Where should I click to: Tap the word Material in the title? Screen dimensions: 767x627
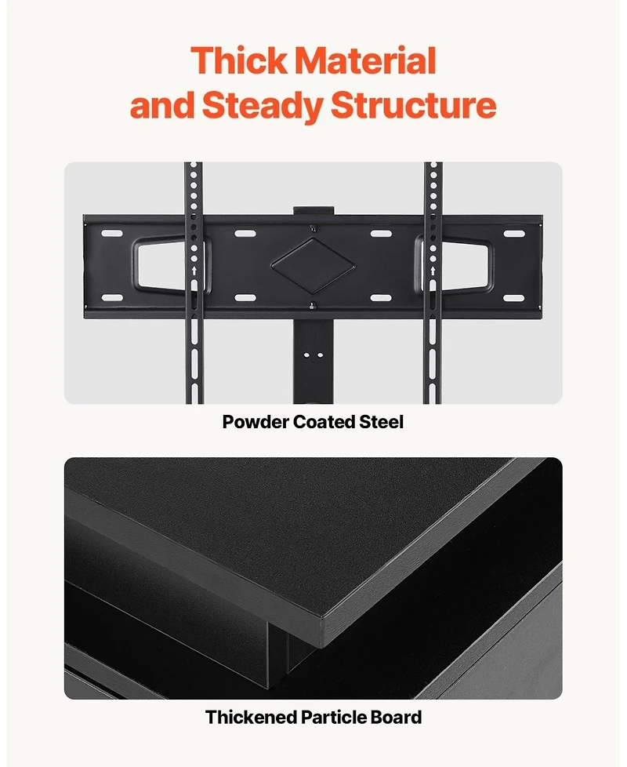click(367, 61)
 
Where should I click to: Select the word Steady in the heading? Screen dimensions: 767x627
click(263, 105)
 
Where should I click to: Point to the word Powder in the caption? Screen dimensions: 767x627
click(255, 422)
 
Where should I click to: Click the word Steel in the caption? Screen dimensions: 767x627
click(382, 422)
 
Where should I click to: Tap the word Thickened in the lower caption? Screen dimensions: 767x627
click(248, 717)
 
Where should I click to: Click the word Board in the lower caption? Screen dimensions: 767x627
click(398, 717)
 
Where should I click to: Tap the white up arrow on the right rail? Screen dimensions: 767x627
click(433, 271)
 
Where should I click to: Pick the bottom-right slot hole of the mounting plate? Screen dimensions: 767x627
click(513, 298)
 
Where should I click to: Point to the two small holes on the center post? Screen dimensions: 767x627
click(313, 354)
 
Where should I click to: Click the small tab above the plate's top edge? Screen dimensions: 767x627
click(313, 211)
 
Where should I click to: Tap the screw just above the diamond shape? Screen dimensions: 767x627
click(313, 228)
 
